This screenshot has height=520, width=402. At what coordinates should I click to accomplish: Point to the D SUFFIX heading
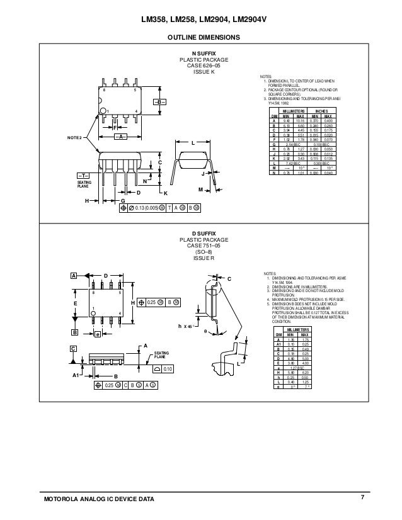(202, 234)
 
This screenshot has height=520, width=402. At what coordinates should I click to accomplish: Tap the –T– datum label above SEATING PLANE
(83, 175)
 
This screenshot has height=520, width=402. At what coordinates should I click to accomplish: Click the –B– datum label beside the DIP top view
(159, 102)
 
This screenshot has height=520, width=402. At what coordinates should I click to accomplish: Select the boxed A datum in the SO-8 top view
(73, 276)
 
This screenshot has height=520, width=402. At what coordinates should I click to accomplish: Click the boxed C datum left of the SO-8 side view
(73, 348)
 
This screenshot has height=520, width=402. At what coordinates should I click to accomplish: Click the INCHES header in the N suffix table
(321, 111)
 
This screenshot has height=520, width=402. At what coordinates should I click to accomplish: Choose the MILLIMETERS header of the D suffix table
(299, 329)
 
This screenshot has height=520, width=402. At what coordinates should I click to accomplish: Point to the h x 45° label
(184, 325)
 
